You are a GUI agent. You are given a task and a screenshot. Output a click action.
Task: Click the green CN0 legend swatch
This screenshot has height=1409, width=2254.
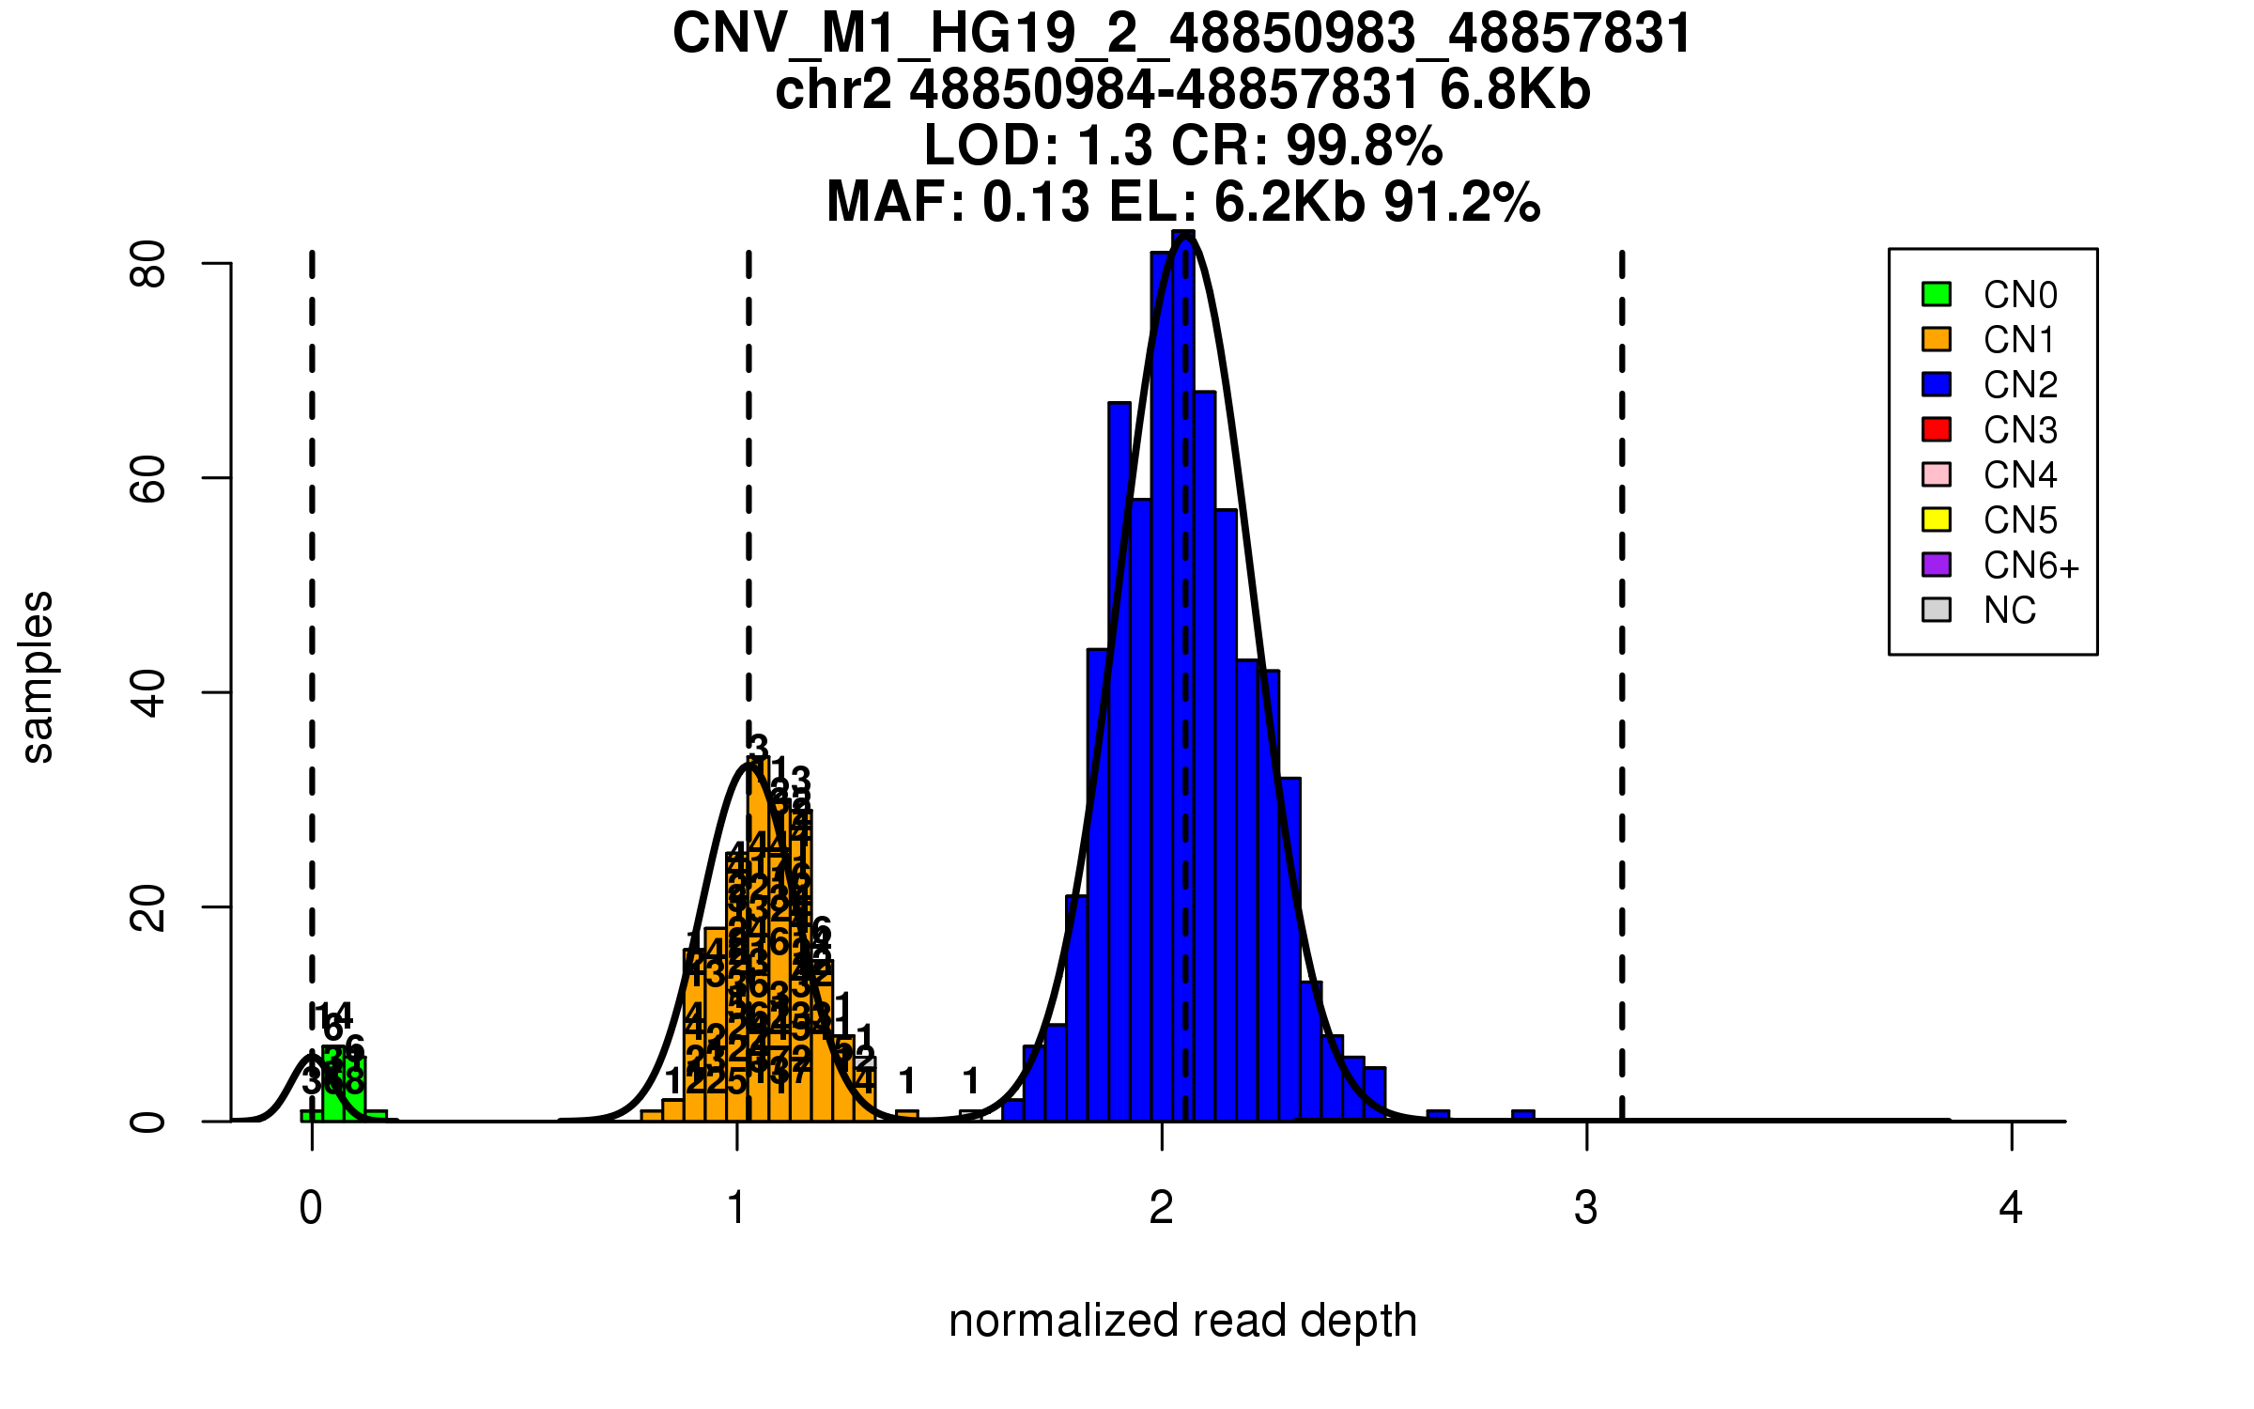pos(1937,294)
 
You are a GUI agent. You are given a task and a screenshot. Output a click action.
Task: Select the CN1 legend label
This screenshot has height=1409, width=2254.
pos(2019,340)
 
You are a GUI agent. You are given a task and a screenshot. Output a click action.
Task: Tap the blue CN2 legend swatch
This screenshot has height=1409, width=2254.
pos(1937,384)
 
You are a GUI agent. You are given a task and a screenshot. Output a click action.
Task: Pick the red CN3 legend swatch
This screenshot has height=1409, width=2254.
pos(1937,429)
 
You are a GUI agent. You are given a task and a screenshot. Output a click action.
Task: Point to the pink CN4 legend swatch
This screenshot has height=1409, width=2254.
pos(1937,474)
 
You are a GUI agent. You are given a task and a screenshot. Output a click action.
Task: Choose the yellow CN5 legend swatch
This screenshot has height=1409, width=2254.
pos(1937,519)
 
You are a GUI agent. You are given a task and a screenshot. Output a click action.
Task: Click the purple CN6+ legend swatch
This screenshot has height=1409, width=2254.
pos(1937,565)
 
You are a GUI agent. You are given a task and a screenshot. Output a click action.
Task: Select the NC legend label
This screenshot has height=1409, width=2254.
pos(2010,611)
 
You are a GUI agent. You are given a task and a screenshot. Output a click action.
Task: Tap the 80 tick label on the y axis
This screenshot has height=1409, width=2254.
pos(148,264)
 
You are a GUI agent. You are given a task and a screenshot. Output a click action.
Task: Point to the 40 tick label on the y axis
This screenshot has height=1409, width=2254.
pos(148,693)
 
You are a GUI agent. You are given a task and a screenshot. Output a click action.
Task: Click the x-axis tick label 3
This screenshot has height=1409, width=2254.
pos(1586,1208)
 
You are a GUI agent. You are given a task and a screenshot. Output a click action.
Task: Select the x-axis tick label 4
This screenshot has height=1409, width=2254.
pos(2011,1208)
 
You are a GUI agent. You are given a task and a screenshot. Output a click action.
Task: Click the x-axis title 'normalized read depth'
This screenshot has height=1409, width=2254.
pos(1182,1321)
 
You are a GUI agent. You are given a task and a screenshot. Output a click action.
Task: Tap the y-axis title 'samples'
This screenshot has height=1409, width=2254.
pos(38,677)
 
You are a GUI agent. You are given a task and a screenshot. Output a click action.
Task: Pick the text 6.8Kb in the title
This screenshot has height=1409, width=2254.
pos(1515,90)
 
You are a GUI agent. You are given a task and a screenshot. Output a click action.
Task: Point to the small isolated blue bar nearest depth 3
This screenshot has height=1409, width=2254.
pos(1523,1115)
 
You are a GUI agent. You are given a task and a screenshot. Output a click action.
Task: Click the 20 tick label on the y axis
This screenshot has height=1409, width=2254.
pos(148,907)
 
